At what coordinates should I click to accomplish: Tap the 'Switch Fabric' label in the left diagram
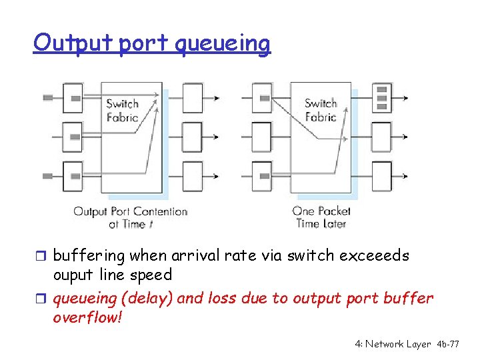(122, 110)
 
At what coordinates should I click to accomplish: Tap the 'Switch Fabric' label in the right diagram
(321, 110)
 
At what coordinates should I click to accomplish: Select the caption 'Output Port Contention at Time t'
(130, 217)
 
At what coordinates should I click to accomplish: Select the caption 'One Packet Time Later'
(321, 217)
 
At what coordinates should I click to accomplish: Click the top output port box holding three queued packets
(382, 97)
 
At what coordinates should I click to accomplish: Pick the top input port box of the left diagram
(73, 98)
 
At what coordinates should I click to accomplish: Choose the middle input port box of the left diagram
(73, 137)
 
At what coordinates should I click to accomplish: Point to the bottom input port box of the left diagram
(73, 176)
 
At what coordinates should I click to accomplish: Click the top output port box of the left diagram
(192, 98)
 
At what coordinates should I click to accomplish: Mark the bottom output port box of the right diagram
(382, 176)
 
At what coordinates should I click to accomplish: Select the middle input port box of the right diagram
(262, 137)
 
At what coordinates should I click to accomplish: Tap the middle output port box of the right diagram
(382, 137)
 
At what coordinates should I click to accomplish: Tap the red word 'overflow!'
(87, 317)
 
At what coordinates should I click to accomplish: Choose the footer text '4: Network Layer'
(393, 344)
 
